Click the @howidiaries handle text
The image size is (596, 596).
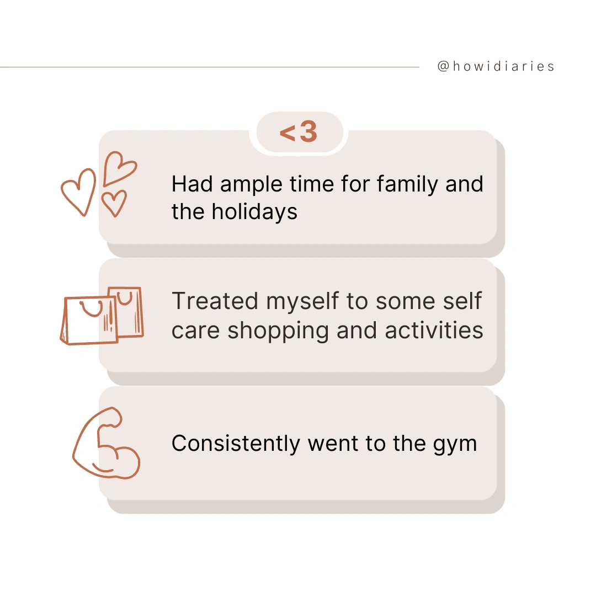[x=496, y=67]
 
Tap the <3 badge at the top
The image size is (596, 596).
[x=299, y=132]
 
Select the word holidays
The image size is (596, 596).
[x=254, y=212]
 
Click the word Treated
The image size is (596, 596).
[x=215, y=301]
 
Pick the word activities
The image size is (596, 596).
[x=434, y=330]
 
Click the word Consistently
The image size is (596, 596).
[x=236, y=444]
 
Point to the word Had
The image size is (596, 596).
[x=192, y=184]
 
